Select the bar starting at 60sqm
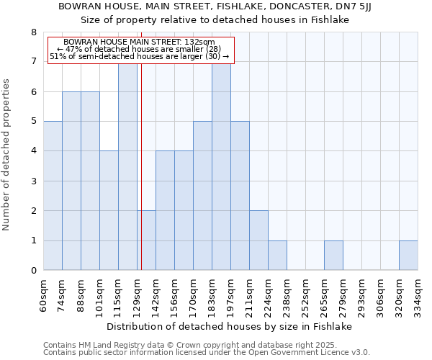pos(53,196)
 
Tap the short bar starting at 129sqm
pos(146,240)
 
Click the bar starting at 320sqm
pos(408,256)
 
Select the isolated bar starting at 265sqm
pos(333,256)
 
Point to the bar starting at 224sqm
pos(277,256)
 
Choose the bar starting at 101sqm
pos(109,210)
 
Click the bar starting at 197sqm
pos(240,196)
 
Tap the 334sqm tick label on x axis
pos(418,294)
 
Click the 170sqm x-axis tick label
pos(194,294)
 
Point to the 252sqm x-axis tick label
pos(306,294)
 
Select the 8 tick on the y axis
pos(34,32)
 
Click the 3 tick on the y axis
pos(34,181)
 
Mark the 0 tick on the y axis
pos(34,271)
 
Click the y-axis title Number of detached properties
pos(7,156)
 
